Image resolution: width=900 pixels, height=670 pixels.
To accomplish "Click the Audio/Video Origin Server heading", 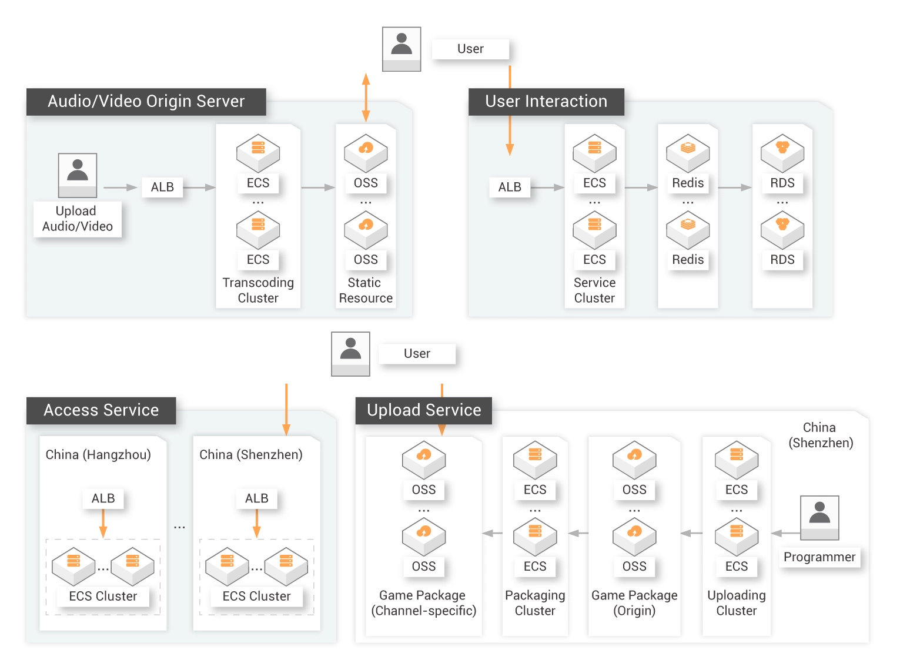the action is pyautogui.click(x=146, y=102).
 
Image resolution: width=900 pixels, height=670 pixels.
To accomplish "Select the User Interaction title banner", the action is pyautogui.click(x=546, y=102).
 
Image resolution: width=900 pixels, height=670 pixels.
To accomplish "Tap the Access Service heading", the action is pyautogui.click(x=101, y=410).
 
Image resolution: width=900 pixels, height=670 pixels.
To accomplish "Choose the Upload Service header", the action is pyautogui.click(x=424, y=410).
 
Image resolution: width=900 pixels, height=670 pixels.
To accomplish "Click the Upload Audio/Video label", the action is pyautogui.click(x=78, y=219).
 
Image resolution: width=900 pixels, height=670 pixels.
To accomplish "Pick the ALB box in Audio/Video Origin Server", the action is pyautogui.click(x=162, y=187).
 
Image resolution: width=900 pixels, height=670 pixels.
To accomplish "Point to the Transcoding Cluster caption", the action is pyautogui.click(x=258, y=290).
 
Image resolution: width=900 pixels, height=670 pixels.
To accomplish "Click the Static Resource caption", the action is pyautogui.click(x=366, y=290).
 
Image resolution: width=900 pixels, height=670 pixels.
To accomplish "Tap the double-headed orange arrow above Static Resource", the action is pyautogui.click(x=366, y=98).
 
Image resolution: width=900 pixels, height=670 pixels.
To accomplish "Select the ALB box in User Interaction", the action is pyautogui.click(x=510, y=187).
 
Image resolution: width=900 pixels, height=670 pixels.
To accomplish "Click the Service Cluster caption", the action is pyautogui.click(x=594, y=290).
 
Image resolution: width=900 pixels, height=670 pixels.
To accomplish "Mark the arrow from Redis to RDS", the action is pyautogui.click(x=735, y=187).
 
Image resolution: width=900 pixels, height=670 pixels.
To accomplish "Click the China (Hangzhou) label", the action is pyautogui.click(x=98, y=454).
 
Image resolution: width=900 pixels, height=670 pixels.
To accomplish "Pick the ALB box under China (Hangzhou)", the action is pyautogui.click(x=103, y=498).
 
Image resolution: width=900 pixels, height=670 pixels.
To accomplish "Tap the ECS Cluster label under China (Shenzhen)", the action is pyautogui.click(x=256, y=596).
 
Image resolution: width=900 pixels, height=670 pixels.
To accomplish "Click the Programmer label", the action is pyautogui.click(x=819, y=557).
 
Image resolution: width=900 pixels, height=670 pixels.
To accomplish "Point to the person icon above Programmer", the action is pyautogui.click(x=819, y=518).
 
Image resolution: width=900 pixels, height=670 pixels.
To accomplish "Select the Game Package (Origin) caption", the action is pyautogui.click(x=634, y=603).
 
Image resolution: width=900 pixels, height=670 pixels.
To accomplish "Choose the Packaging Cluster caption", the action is pyautogui.click(x=535, y=603).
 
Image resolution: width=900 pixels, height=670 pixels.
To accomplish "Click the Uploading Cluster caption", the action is pyautogui.click(x=737, y=603).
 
